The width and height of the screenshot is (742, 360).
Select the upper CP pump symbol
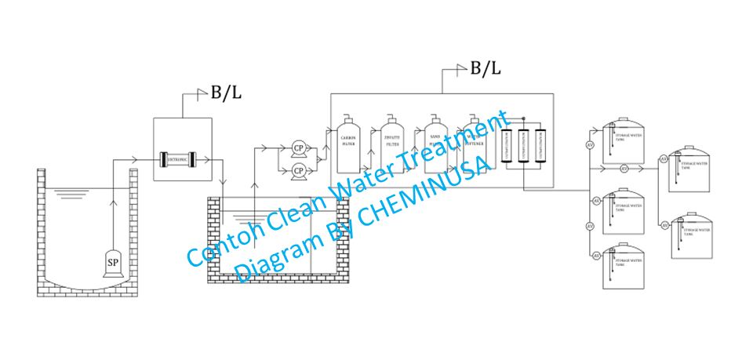pos(298,147)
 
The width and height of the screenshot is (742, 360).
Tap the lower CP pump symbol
pos(298,169)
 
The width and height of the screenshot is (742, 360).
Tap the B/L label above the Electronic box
pos(226,93)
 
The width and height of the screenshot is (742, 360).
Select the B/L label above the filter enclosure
pos(485,68)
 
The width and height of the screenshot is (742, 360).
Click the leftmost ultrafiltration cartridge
pos(507,145)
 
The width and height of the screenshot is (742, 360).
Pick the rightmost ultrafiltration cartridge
pos(540,145)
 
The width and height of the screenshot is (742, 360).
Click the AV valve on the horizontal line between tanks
pos(624,169)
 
